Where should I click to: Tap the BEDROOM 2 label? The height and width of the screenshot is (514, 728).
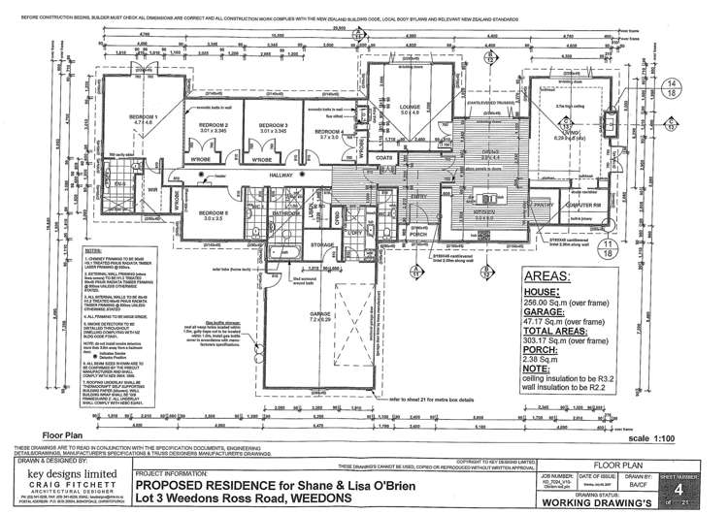tap(213, 126)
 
